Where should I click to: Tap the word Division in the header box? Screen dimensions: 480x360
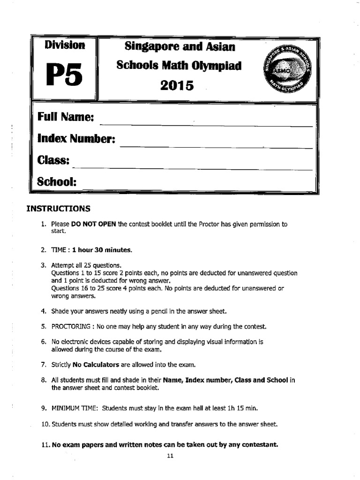pos(65,45)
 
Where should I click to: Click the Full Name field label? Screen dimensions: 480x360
pos(66,117)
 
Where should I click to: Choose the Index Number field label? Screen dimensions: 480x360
pos(76,139)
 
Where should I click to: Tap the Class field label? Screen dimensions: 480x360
pos(53,160)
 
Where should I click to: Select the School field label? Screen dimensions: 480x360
pos(57,182)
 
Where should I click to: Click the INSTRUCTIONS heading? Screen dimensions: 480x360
pos(58,208)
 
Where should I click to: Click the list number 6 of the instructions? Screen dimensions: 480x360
pos(43,342)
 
